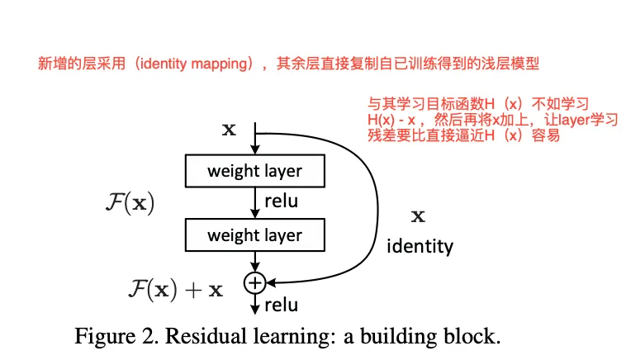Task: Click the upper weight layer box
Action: pyautogui.click(x=254, y=172)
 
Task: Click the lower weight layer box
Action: pyautogui.click(x=254, y=235)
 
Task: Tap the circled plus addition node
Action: pyautogui.click(x=254, y=282)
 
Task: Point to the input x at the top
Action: pyautogui.click(x=229, y=130)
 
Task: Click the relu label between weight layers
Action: pyautogui.click(x=282, y=201)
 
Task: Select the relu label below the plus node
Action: pyautogui.click(x=281, y=306)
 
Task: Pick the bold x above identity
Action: pyautogui.click(x=418, y=217)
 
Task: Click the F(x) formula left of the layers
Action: pyautogui.click(x=130, y=203)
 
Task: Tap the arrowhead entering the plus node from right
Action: pyautogui.click(x=269, y=282)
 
